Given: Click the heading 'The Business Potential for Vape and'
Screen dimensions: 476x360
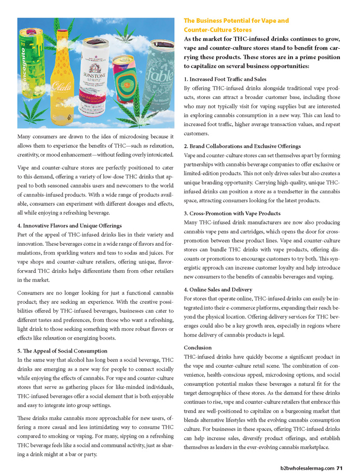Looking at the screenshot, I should pyautogui.click(x=236, y=21).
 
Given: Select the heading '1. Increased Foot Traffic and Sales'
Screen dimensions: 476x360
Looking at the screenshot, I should pyautogui.click(x=225, y=79).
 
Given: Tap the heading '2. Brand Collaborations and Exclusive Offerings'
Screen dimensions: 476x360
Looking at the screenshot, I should pyautogui.click(x=242, y=146).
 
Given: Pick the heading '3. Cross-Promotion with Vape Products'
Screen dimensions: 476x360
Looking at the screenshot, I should pyautogui.click(x=232, y=213).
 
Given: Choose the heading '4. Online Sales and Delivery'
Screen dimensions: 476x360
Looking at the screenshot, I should pyautogui.click(x=218, y=289).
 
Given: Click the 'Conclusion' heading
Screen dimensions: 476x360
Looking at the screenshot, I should pyautogui.click(x=198, y=347).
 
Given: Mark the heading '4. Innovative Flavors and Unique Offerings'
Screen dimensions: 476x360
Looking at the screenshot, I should pyautogui.click(x=70, y=226).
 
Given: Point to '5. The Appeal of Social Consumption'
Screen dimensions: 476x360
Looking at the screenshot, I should pyautogui.click(x=62, y=351).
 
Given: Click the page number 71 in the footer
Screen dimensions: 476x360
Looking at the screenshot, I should pyautogui.click(x=339, y=468).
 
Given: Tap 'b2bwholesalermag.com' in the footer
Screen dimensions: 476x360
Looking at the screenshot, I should pyautogui.click(x=303, y=468).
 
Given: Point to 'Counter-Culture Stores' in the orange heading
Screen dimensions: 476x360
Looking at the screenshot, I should pyautogui.click(x=218, y=30).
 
